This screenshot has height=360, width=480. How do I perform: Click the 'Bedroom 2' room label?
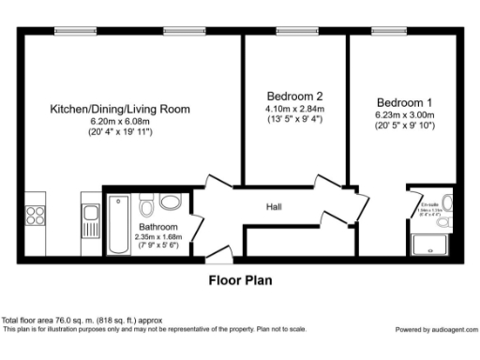pyautogui.click(x=294, y=96)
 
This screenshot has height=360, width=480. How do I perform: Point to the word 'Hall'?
pyautogui.click(x=274, y=207)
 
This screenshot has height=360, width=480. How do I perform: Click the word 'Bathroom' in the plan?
pyautogui.click(x=157, y=227)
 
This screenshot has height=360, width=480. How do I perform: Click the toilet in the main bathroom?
pyautogui.click(x=171, y=202)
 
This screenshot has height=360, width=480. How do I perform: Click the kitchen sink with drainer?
pyautogui.click(x=89, y=223)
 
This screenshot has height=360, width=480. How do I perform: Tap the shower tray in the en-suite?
pyautogui.click(x=434, y=244)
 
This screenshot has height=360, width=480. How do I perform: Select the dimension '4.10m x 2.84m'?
pyautogui.click(x=294, y=108)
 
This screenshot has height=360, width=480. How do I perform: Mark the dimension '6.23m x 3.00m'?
pyautogui.click(x=405, y=114)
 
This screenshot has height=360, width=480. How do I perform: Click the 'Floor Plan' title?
pyautogui.click(x=240, y=279)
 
